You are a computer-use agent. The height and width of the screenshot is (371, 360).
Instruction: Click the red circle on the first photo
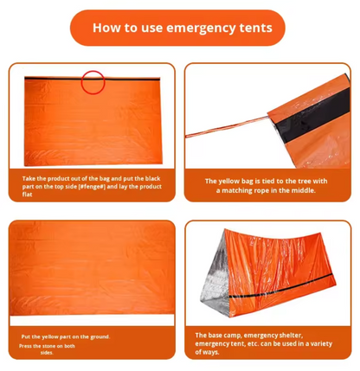pos(93,82)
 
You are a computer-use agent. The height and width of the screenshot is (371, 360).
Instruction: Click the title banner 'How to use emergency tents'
pos(180,28)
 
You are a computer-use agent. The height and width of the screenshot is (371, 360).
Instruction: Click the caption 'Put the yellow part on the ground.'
pos(66,336)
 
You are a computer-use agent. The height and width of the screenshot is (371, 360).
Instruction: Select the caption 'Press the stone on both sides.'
pos(47,349)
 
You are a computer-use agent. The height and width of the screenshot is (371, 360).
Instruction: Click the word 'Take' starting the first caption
pos(29,178)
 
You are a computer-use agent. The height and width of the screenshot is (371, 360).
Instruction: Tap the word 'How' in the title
pos(107,28)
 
